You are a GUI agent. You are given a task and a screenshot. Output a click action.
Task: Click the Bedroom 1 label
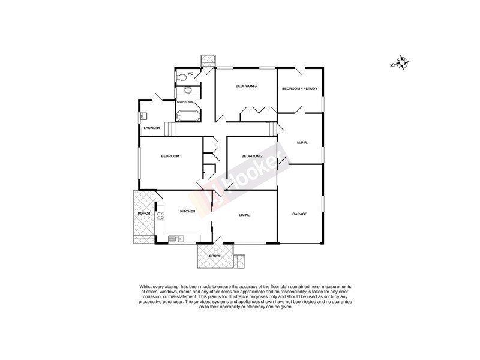coord(171,157)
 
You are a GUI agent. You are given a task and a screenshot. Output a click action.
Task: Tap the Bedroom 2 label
coord(252,157)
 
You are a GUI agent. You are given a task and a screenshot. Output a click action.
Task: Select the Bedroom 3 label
coord(246,86)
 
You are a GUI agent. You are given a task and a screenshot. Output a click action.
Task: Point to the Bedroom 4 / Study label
coord(299,89)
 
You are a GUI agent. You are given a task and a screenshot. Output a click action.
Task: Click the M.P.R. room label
coord(302,142)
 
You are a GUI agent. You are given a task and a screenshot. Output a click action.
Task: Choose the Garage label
coord(299,214)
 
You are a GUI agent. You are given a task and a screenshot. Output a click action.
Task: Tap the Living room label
coord(244,215)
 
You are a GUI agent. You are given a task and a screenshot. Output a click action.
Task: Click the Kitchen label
coord(188,211)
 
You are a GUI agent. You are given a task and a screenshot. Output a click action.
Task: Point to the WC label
coord(190,74)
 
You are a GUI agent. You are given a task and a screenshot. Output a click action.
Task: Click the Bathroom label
coord(185,102)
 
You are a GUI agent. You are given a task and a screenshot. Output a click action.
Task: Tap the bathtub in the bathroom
coord(188,115)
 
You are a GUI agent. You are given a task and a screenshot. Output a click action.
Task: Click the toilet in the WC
coord(182,77)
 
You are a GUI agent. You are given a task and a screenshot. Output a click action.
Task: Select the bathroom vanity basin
coord(188,90)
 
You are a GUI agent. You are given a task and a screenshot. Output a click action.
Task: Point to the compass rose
coord(400,62)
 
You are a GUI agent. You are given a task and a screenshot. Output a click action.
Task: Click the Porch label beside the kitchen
coord(144,214)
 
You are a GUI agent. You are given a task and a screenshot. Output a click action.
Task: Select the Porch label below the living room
coord(215,256)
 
